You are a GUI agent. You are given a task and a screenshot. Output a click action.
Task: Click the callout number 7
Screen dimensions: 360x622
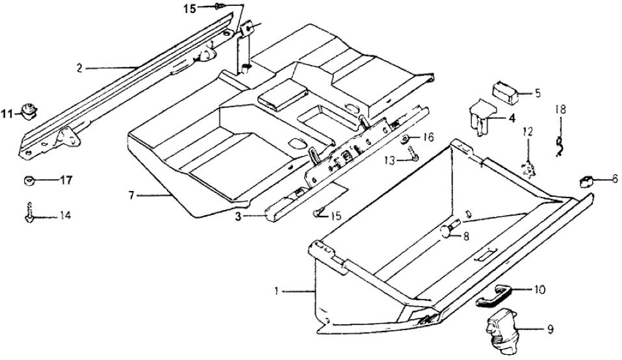131,194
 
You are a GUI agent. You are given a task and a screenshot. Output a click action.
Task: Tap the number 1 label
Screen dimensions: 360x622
276,292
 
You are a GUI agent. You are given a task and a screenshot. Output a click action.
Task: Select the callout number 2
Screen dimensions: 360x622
79,68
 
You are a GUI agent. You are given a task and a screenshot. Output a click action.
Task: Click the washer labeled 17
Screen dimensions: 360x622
28,179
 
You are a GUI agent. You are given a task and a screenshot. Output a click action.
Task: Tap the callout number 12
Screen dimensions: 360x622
528,132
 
